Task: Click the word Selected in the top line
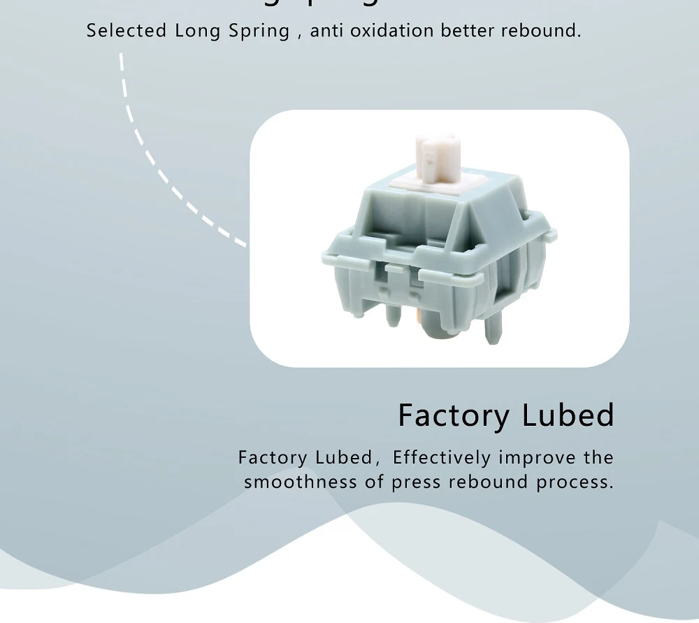click(x=127, y=31)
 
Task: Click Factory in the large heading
click(x=454, y=416)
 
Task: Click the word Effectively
click(x=442, y=458)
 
